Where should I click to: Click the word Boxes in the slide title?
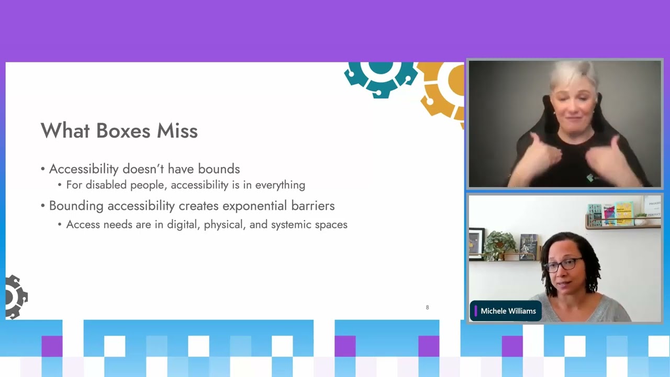(x=123, y=130)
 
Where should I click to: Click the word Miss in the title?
(x=177, y=130)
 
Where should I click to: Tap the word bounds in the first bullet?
(x=219, y=169)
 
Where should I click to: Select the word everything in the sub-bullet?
(x=280, y=185)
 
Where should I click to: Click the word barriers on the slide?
(x=313, y=206)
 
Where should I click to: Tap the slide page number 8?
(x=428, y=307)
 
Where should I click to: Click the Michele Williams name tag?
(x=506, y=311)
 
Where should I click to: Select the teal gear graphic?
(x=381, y=79)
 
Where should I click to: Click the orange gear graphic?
(x=441, y=93)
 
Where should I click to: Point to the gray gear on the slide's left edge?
(x=16, y=297)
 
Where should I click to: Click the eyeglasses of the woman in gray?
(x=563, y=265)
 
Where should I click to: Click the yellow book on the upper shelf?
(x=624, y=213)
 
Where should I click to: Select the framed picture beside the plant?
(x=476, y=243)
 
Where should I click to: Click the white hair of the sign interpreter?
(x=574, y=75)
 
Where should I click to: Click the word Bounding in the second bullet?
(x=76, y=206)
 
